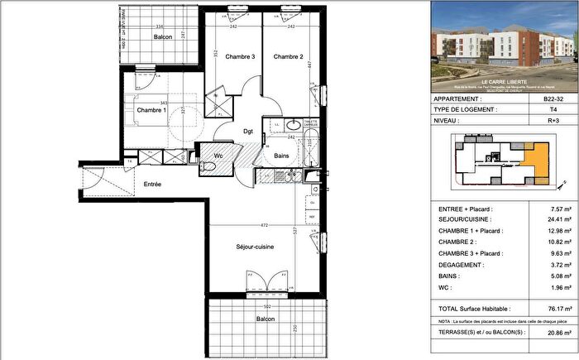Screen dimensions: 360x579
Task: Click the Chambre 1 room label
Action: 151,110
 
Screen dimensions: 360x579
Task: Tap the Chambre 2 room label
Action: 289,57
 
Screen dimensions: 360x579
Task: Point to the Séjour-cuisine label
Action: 254,247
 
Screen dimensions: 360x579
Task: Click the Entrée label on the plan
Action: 152,184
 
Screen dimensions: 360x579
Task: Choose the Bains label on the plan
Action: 281,156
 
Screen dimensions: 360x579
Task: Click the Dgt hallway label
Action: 247,131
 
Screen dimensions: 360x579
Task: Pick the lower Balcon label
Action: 265,318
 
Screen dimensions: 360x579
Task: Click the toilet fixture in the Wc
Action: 208,167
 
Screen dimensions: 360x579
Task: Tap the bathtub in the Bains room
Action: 313,151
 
